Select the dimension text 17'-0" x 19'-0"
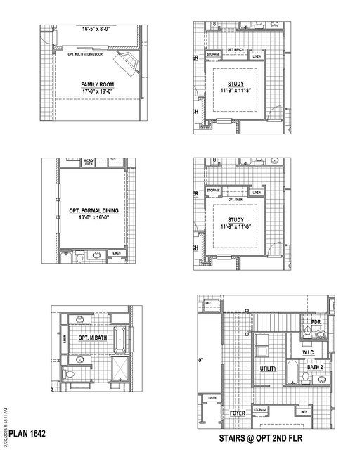pyautogui.click(x=96, y=91)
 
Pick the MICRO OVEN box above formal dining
pyautogui.click(x=89, y=162)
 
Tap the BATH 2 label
pyautogui.click(x=315, y=367)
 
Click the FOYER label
pyautogui.click(x=238, y=413)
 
